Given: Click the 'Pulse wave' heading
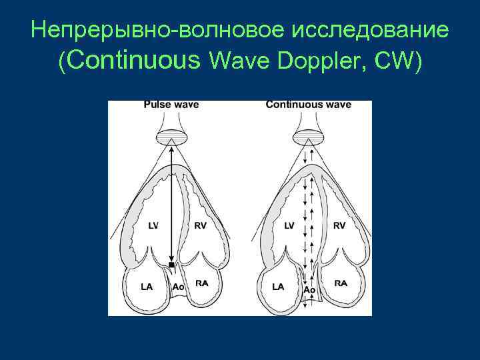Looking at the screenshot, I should (171, 105).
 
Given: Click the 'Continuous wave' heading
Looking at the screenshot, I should (308, 105).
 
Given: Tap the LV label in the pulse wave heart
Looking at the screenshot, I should (153, 226).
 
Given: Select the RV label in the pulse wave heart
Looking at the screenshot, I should (201, 226).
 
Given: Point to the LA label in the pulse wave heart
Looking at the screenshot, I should (147, 287).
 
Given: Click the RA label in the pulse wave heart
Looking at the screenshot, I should (201, 283).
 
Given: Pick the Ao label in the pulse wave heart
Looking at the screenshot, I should (178, 287).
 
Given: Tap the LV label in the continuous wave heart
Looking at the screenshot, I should (289, 226).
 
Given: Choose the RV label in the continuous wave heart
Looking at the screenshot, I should (339, 226).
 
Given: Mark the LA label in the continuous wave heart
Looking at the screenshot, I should (278, 287).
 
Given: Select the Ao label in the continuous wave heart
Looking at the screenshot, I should (309, 291).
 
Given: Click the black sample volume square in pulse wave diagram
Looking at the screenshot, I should (171, 265).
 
